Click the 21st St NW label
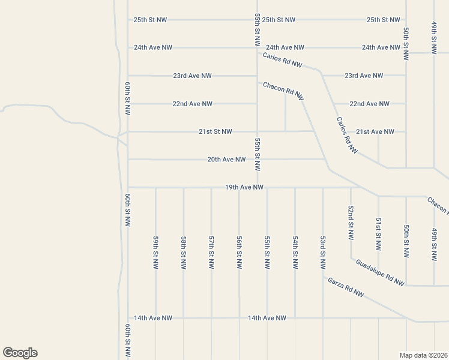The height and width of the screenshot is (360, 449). point(215,131)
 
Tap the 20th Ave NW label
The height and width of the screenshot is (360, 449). point(226,160)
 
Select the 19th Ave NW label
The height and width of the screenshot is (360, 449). point(244,187)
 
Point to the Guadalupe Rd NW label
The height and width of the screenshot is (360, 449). point(380,272)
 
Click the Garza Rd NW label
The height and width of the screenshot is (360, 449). point(346,287)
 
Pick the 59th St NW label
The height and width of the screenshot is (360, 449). point(155,253)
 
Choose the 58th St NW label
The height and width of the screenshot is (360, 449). point(184,253)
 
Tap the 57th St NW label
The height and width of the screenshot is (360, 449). point(211,253)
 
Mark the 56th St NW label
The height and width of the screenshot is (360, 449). point(239,253)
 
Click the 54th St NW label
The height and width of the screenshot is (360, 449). point(295,253)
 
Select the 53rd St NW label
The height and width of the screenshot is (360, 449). point(323,253)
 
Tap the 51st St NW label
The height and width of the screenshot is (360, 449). point(378,235)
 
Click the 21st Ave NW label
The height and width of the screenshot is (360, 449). point(375,131)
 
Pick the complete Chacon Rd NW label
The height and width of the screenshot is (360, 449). point(283,91)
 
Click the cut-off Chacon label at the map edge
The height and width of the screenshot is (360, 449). point(438,205)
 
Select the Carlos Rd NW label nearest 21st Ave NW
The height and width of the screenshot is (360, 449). point(347,136)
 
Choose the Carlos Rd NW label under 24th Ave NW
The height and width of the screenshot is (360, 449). point(283,60)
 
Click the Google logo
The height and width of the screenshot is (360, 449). point(20,353)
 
